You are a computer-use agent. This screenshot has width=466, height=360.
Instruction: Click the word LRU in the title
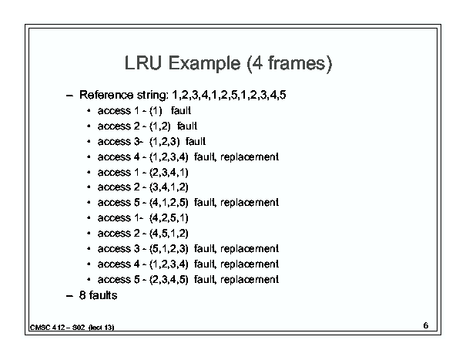143,63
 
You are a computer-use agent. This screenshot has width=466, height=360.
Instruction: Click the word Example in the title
204,64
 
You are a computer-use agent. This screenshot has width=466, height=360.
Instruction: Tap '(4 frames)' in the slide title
289,64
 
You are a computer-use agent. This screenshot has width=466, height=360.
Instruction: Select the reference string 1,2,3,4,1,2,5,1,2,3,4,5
229,96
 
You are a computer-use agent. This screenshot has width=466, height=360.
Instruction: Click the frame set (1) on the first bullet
156,111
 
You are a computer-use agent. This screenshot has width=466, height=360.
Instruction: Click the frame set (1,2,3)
165,142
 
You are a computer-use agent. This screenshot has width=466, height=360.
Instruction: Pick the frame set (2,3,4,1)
169,173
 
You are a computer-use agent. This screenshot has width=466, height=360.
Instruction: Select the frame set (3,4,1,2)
169,187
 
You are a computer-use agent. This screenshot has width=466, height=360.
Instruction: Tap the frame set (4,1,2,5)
169,203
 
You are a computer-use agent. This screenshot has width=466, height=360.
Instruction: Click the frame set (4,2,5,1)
169,218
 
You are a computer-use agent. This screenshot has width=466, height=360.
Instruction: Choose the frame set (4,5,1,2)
169,234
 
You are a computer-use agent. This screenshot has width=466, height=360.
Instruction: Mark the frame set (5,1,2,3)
169,249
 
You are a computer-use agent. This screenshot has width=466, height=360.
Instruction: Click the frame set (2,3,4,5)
169,280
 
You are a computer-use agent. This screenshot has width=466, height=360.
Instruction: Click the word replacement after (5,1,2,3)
250,249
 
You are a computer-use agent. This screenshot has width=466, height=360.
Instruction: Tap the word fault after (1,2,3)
196,141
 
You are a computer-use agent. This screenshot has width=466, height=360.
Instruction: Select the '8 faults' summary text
99,295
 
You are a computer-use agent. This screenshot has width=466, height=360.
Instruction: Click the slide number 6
426,325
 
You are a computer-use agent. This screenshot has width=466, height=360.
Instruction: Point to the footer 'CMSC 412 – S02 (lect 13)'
72,328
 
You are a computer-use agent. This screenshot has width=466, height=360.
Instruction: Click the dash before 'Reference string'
69,96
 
